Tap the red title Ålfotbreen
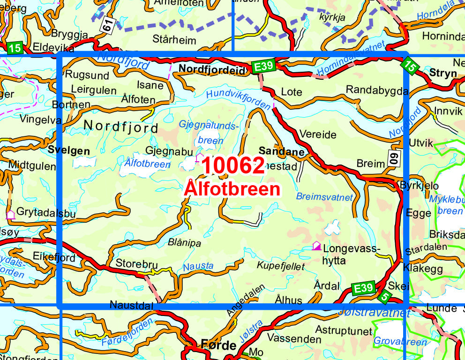pyautogui.click(x=232, y=188)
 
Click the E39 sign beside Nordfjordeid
pyautogui.click(x=262, y=67)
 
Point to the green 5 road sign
pyautogui.click(x=384, y=296)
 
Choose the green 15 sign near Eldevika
pyautogui.click(x=15, y=47)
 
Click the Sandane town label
pyautogui.click(x=282, y=151)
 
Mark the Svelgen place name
pyautogui.click(x=68, y=150)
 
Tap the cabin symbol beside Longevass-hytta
pyautogui.click(x=317, y=246)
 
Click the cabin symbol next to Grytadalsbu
pyautogui.click(x=10, y=215)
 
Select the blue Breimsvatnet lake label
pyautogui.click(x=324, y=196)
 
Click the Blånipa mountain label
pyautogui.click(x=184, y=243)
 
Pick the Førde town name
pyautogui.click(x=218, y=345)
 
